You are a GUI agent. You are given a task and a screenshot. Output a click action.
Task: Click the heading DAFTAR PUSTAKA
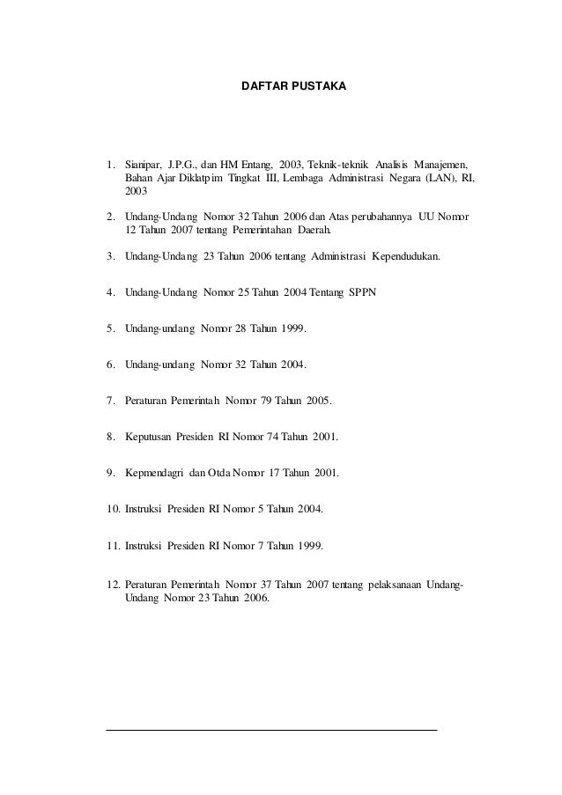coord(294,88)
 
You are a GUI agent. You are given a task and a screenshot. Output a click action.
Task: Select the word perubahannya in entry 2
coord(390,216)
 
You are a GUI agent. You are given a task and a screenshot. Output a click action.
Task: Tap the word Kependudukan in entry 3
coord(408,257)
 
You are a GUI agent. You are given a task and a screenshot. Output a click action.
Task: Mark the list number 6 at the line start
coord(110,364)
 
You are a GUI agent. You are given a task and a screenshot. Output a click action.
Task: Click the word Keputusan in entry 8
coord(149,436)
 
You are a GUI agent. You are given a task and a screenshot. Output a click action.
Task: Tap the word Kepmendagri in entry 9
coord(155,473)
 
